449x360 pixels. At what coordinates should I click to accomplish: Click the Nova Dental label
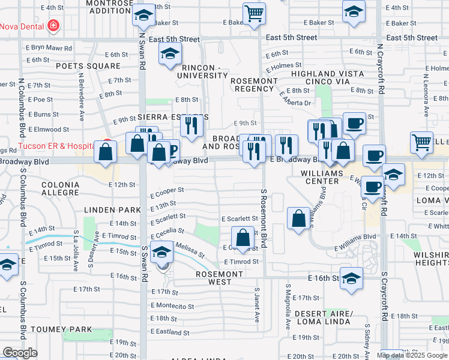(22, 26)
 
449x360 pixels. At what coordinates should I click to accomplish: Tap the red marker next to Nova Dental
(53, 26)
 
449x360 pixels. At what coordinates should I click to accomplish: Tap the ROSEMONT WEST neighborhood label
(220, 278)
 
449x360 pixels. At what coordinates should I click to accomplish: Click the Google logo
(20, 353)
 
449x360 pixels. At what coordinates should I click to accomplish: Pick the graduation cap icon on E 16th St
(351, 278)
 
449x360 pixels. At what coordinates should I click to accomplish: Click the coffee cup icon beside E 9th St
(354, 124)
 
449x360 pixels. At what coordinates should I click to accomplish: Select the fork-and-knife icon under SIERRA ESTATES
(191, 126)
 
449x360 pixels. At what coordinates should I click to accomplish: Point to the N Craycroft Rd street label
(380, 69)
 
